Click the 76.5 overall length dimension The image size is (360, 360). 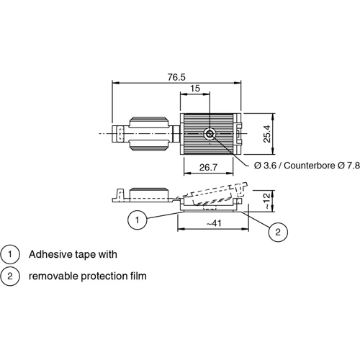pos(176,77)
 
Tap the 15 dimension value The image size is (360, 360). pos(195,89)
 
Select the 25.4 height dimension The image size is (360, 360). pos(267,134)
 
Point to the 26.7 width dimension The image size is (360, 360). pos(208,167)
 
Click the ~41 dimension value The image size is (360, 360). pos(214,223)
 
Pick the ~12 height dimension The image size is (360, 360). pos(266,201)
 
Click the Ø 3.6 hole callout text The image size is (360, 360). pos(266,166)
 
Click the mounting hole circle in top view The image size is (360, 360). pos(210,134)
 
